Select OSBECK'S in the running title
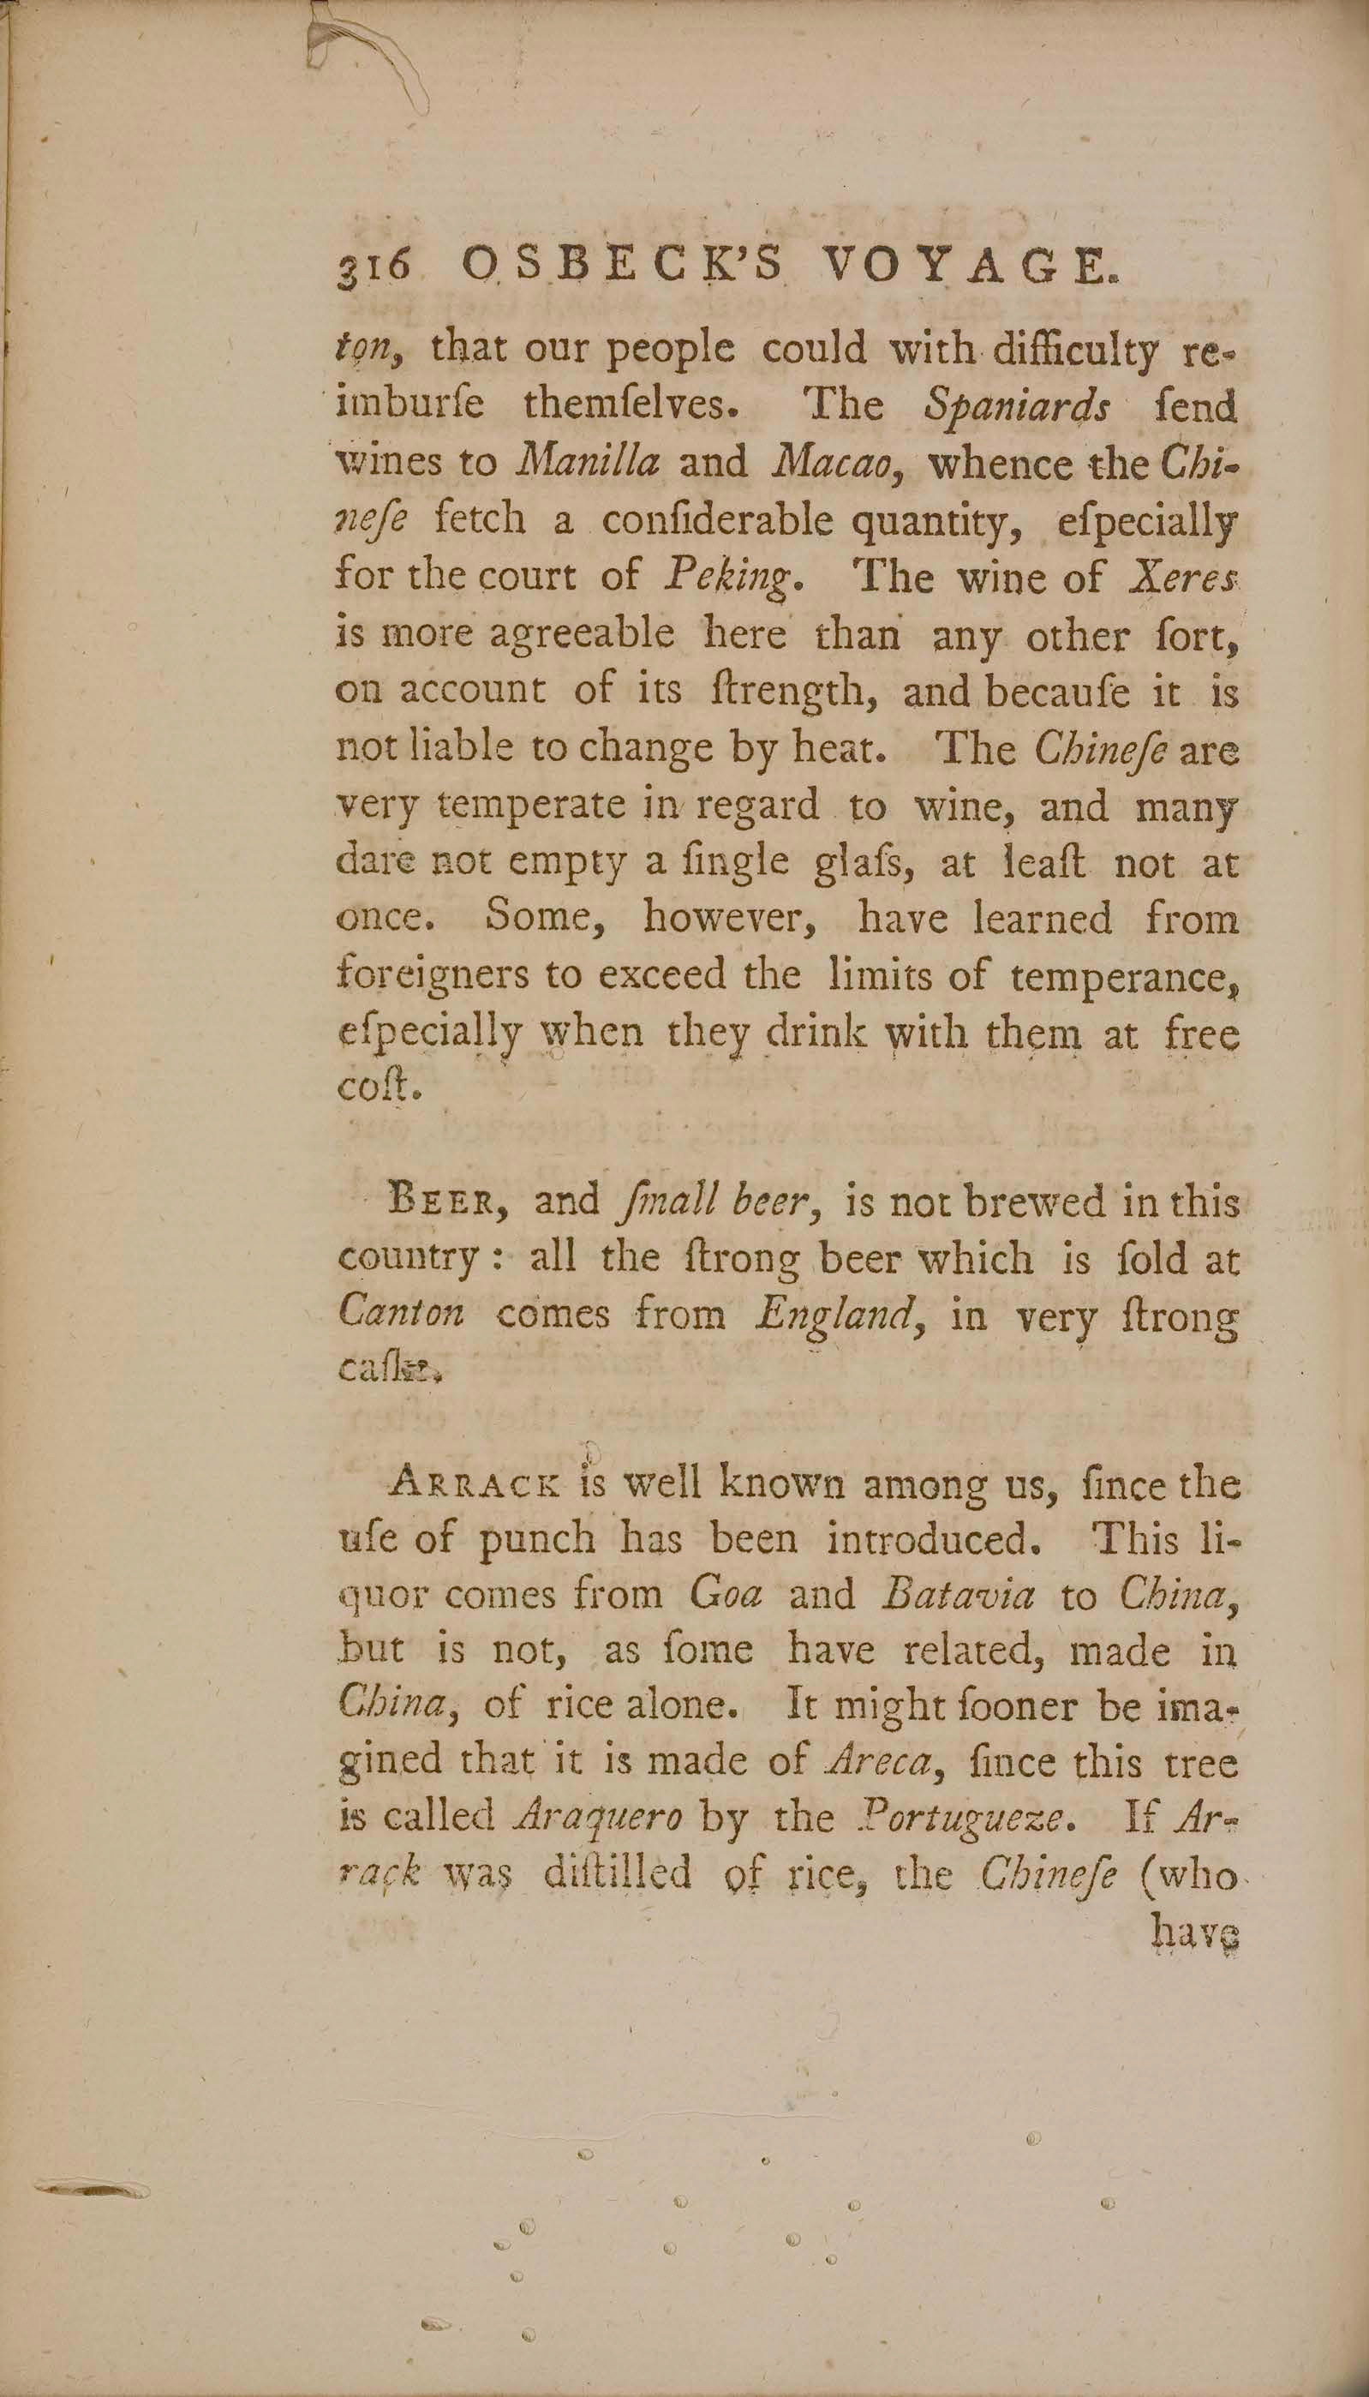(623, 269)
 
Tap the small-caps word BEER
(447, 1202)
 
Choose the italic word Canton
(401, 1315)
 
